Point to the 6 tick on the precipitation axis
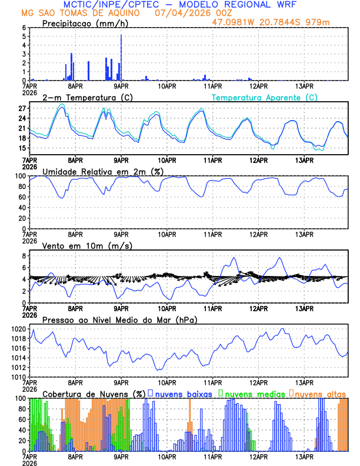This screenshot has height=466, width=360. (24, 28)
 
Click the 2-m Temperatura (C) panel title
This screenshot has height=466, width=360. (88, 97)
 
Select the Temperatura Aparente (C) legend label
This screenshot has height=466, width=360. (264, 97)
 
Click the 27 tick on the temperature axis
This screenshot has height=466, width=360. (22, 109)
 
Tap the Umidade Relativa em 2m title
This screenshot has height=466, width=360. (105, 171)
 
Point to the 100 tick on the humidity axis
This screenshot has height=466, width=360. (19, 176)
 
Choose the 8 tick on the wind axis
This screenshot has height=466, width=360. (24, 256)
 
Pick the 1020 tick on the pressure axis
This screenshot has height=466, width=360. (17, 329)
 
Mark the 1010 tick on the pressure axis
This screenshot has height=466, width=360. (17, 377)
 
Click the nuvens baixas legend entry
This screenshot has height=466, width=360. (184, 393)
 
